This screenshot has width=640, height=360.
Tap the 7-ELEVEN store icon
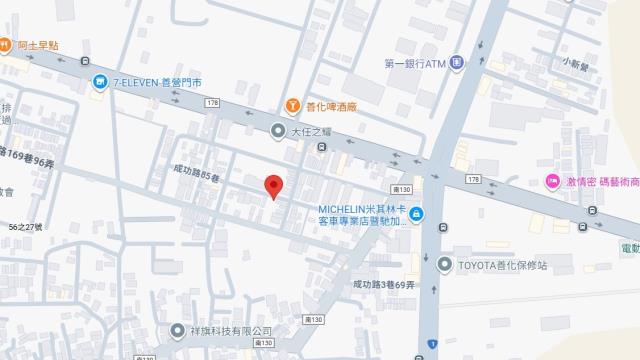(100, 82)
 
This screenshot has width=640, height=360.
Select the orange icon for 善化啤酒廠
(292, 104)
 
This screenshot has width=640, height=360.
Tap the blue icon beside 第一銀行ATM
(456, 64)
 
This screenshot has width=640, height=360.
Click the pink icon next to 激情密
(551, 180)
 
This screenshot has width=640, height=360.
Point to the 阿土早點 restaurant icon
(4, 45)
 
